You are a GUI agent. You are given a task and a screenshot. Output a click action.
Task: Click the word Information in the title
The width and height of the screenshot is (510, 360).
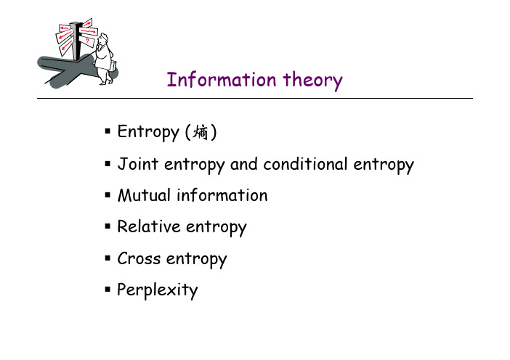[222, 79]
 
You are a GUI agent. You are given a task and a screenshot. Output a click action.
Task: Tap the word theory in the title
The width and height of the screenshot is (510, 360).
[313, 81]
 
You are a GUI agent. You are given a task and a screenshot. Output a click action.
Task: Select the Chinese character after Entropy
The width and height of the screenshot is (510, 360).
[201, 132]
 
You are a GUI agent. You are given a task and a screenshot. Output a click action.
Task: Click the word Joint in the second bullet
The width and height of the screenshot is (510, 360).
[138, 164]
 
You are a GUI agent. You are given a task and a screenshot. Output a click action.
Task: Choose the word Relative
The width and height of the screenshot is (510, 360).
[149, 226]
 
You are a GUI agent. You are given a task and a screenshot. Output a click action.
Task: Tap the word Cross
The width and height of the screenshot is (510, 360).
[139, 258]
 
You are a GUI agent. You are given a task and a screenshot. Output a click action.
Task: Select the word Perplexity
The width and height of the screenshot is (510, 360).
[158, 290]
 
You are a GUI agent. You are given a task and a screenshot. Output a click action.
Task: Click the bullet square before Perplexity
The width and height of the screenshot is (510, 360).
[108, 289]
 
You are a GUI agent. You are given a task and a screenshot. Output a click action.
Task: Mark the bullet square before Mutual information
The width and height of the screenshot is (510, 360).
[108, 195]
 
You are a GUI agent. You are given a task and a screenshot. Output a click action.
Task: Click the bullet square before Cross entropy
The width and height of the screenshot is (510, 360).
[108, 258]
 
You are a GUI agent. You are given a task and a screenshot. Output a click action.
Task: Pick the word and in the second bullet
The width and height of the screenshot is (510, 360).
[244, 164]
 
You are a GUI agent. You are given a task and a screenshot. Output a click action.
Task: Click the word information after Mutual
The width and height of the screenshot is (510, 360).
[222, 195]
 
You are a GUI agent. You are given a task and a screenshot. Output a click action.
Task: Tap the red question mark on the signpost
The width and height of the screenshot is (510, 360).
[87, 41]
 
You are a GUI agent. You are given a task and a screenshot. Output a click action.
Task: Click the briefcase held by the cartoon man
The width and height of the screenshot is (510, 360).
[112, 66]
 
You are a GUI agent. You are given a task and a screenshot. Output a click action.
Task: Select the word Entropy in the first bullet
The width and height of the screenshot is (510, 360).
[148, 133]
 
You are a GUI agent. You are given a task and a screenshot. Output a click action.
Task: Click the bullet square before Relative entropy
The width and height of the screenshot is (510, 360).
[108, 226]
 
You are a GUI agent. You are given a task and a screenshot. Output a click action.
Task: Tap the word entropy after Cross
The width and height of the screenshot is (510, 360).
[196, 260]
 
